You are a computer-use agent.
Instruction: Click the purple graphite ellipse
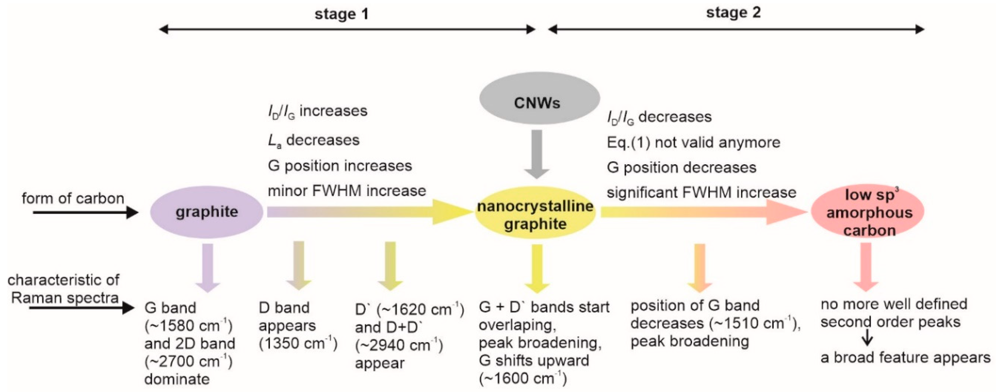click(207, 212)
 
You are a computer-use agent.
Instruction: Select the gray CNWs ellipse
click(539, 98)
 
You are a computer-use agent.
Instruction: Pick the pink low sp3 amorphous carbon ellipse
click(867, 212)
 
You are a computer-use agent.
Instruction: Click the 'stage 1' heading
click(342, 14)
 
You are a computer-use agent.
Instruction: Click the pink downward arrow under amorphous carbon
click(865, 267)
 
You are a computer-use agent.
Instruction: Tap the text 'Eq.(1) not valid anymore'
click(693, 143)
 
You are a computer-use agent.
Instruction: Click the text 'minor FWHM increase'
click(347, 191)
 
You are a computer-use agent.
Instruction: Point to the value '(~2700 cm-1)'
click(188, 362)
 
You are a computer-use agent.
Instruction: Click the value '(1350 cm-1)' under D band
click(298, 343)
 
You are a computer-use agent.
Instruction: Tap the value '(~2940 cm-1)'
click(399, 345)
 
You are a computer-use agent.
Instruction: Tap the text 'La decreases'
click(313, 140)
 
